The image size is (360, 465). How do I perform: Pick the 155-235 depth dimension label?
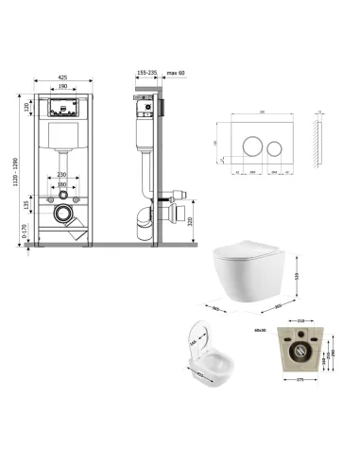(x=146, y=71)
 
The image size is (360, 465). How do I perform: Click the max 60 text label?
(x=177, y=71)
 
